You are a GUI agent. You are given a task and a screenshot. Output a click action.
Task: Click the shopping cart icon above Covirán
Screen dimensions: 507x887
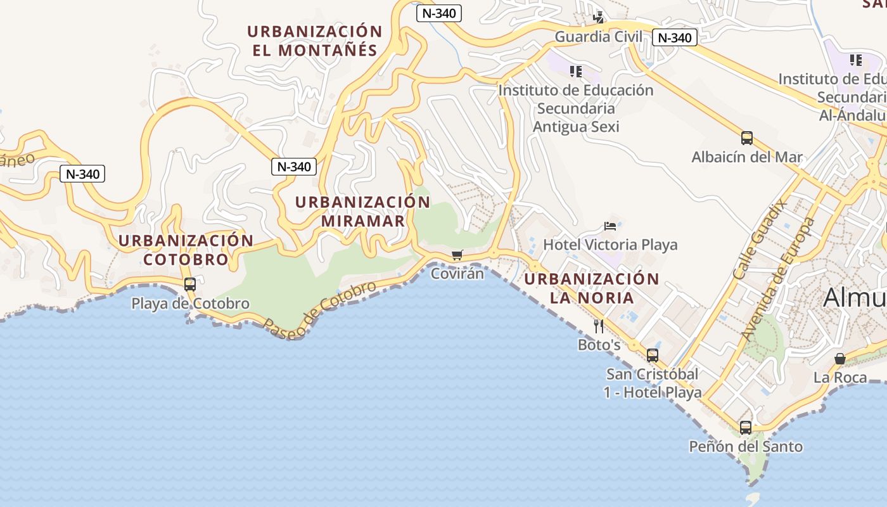pos(457,255)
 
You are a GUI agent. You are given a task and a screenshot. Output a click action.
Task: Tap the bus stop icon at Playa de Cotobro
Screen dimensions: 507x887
pos(189,285)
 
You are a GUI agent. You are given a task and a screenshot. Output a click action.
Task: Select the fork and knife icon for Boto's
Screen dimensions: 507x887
pos(599,326)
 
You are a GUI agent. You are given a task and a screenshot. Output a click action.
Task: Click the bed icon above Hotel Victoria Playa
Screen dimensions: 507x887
pos(610,226)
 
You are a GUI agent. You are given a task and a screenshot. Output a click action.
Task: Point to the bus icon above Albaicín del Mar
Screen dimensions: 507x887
pos(747,138)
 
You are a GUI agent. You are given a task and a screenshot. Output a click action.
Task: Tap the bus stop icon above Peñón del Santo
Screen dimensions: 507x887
pos(746,428)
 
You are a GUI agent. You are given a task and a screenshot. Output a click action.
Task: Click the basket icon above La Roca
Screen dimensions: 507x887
pos(840,359)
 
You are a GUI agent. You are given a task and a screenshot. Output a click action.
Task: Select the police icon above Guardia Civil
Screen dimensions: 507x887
pos(598,17)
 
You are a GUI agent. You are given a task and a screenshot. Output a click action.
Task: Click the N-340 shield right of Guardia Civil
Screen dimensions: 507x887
pos(675,37)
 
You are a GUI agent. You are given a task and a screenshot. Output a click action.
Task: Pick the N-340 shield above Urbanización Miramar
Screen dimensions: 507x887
pos(294,167)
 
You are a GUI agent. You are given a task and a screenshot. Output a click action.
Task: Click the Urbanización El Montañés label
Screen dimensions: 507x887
pos(315,41)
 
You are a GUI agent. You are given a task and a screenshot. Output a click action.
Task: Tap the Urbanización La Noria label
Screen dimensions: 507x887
pos(592,288)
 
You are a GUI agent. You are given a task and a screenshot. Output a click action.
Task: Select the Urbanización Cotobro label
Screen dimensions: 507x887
pos(186,250)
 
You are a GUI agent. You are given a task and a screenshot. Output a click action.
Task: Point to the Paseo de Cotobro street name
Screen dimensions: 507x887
pos(320,310)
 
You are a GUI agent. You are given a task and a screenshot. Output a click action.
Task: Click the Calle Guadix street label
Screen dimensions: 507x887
pos(759,238)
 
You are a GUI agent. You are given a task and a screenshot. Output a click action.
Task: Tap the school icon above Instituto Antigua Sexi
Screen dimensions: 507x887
pos(575,72)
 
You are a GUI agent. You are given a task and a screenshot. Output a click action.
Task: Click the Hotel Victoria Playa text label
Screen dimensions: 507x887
pos(610,245)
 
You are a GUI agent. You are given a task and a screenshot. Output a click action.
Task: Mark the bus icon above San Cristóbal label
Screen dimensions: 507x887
pos(653,356)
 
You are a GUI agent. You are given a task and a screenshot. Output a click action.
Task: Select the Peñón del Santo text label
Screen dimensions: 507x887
pos(746,447)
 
